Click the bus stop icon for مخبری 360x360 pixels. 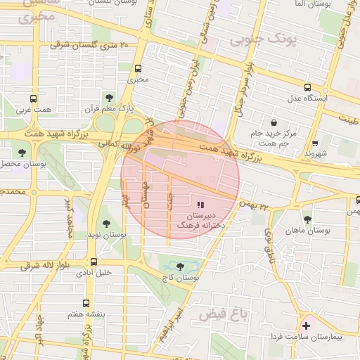pyautogui.click(x=137, y=69)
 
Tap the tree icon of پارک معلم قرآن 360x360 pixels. pyautogui.click(x=108, y=97)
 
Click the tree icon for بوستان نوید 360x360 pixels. pyautogui.click(x=106, y=224)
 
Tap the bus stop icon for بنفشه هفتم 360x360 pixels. pyautogui.click(x=86, y=304)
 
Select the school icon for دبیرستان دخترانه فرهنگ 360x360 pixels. pyautogui.click(x=200, y=204)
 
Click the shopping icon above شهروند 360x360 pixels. pyautogui.click(x=315, y=141)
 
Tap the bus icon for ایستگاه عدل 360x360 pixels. pyautogui.click(x=307, y=88)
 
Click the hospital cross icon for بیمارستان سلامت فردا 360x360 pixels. pyautogui.click(x=306, y=326)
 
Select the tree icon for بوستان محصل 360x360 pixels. pyautogui.click(x=23, y=152)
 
